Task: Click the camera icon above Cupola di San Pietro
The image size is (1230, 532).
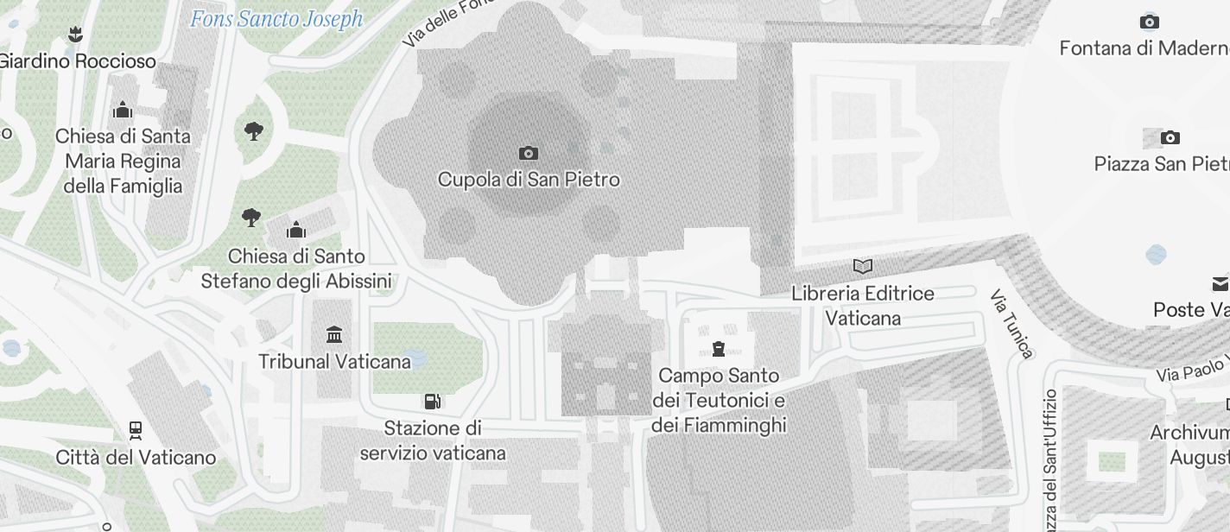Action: pos(529,154)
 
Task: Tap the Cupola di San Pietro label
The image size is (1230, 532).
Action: pos(529,180)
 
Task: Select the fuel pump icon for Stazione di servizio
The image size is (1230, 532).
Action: pos(433,402)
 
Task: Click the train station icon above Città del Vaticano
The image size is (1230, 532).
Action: pos(136,430)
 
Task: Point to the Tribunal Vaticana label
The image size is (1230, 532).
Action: pos(334,361)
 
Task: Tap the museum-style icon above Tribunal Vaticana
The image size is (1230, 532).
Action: pos(334,334)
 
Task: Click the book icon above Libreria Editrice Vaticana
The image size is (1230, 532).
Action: pos(862,267)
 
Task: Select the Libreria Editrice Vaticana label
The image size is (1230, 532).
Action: pos(863,306)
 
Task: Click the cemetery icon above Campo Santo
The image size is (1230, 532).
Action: pos(718,349)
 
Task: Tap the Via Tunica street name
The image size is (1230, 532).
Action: pos(1011,324)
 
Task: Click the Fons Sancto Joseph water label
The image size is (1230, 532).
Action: pos(276,19)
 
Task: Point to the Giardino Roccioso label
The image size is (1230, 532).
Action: pos(78,61)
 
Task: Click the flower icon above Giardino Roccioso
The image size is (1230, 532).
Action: pos(75,35)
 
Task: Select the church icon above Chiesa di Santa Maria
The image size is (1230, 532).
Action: pos(123,110)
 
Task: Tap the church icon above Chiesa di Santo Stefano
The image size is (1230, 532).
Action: pos(296,230)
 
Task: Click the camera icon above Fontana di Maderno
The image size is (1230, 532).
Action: pos(1149,22)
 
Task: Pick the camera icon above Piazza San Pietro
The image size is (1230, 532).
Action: pos(1170,138)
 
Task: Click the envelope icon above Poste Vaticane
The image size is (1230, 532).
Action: pos(1220,284)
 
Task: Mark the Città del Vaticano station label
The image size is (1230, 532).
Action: pos(136,457)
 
